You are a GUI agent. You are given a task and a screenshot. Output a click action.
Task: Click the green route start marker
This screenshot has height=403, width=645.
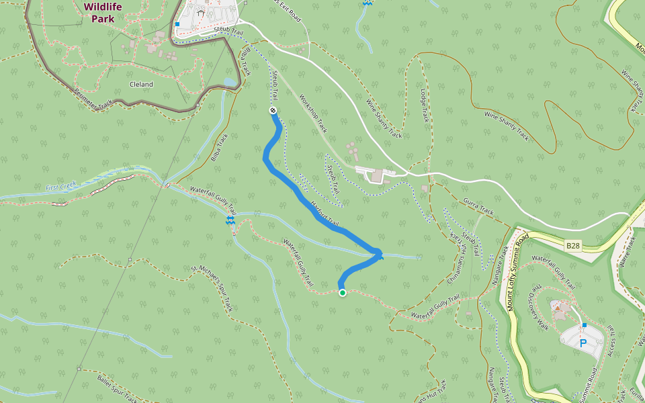click(x=343, y=292)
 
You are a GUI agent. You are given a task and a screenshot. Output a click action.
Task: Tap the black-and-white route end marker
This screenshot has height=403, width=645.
click(x=273, y=110)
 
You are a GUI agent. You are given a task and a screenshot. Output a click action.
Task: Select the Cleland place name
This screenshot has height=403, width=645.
click(x=141, y=85)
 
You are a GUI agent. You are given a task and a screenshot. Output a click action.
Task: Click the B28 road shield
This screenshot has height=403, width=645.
click(x=572, y=246)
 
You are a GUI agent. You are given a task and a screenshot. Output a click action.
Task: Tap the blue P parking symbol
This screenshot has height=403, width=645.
click(x=583, y=343)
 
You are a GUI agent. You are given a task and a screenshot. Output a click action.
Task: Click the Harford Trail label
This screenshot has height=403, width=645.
click(x=325, y=213)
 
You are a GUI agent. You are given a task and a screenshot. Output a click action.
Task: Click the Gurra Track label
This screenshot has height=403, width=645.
click(x=478, y=206)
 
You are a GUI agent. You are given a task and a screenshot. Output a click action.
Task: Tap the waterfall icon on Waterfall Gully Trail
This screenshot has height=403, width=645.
click(x=230, y=220)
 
